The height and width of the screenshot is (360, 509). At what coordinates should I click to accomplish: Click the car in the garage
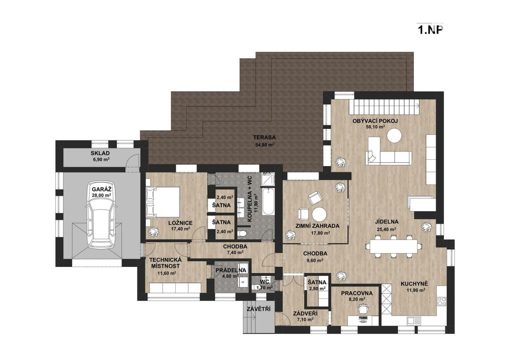coord(100,215)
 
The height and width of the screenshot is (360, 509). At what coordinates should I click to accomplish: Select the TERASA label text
coord(265,137)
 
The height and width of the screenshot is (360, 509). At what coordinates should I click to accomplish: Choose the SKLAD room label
coord(100,153)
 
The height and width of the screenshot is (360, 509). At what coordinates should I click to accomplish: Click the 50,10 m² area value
coord(375,127)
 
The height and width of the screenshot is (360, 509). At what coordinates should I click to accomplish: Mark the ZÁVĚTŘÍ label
coord(259,309)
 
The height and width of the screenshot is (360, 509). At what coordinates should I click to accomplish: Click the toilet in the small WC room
coord(258,287)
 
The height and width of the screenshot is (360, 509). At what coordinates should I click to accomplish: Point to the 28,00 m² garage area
coord(101,195)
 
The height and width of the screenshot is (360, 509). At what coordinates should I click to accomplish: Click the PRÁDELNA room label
coord(231,271)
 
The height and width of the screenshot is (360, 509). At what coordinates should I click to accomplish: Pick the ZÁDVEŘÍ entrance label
coord(305,314)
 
